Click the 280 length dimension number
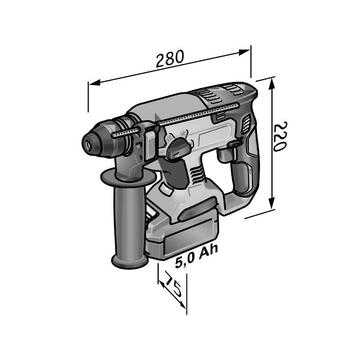coord(170,58)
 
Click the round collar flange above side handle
coord(128,177)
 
